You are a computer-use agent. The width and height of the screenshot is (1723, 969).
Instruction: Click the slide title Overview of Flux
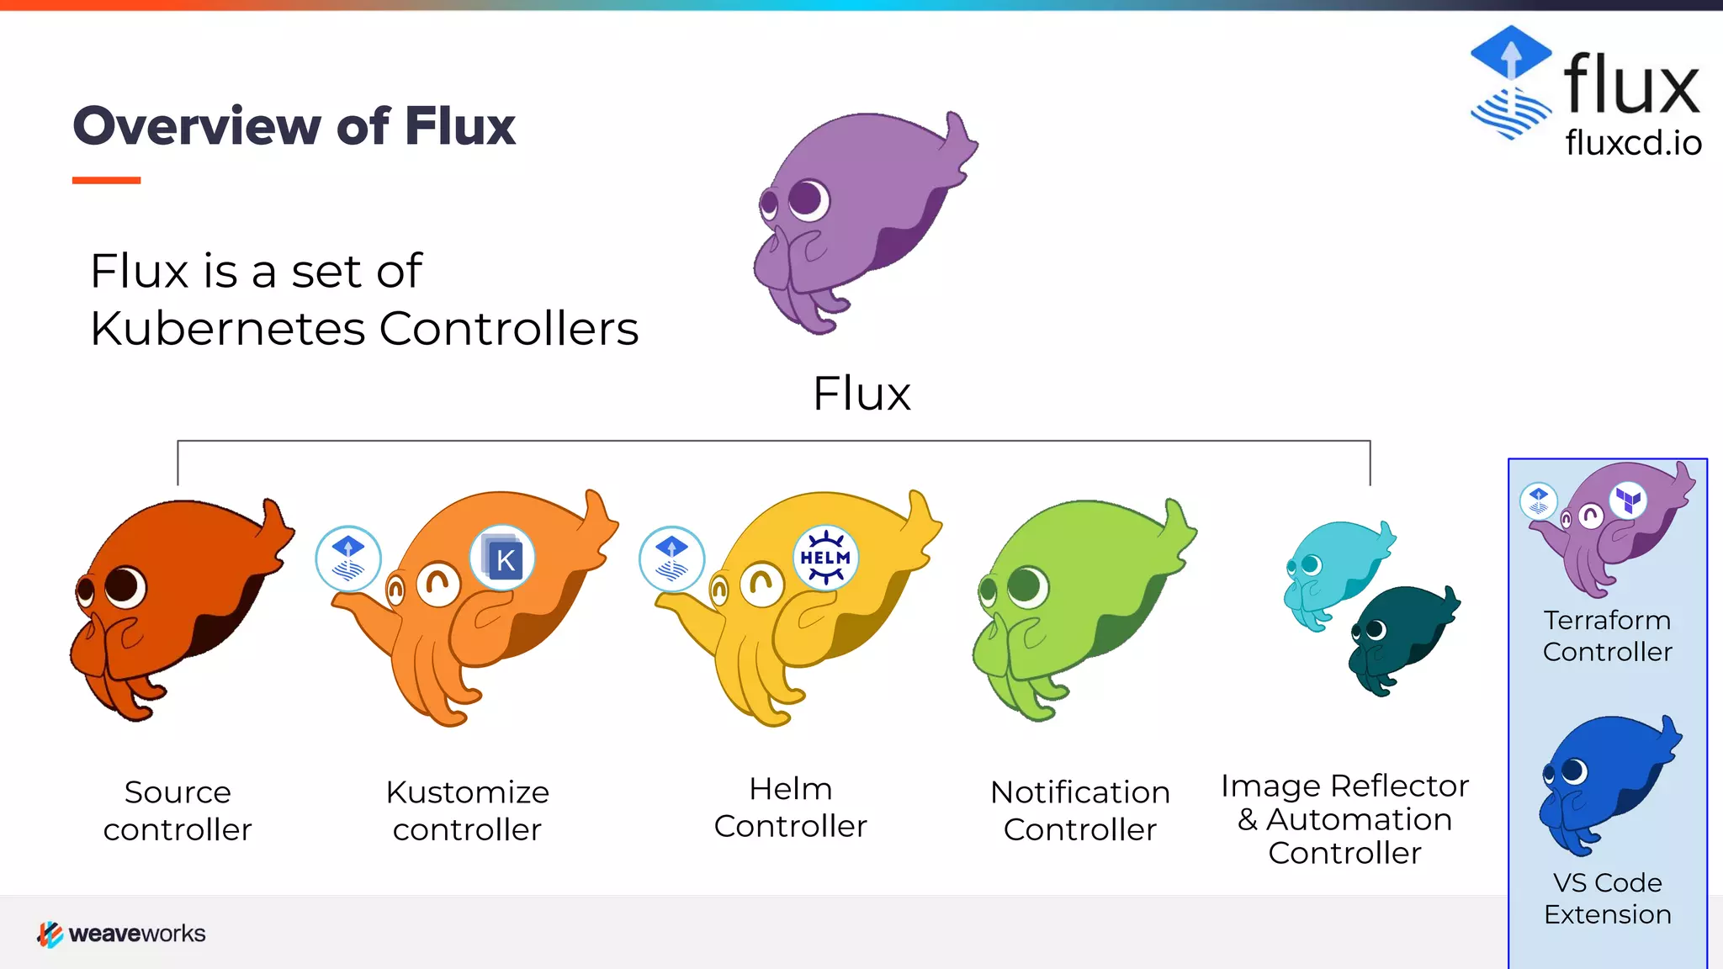tap(294, 126)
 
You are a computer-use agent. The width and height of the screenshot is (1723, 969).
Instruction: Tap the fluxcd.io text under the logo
tap(1633, 143)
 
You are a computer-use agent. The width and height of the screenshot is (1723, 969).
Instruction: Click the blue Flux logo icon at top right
tap(1511, 82)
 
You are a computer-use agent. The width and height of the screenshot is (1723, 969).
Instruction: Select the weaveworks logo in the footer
tap(121, 934)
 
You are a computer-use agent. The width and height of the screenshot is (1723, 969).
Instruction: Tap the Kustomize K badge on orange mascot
tap(503, 559)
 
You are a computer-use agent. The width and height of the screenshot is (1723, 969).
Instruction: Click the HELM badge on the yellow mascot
tap(825, 557)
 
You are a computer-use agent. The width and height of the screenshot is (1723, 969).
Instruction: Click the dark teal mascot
tap(1401, 635)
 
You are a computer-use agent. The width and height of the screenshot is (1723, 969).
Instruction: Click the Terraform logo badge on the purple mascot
tap(1629, 500)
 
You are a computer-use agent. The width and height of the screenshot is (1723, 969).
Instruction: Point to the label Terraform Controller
tap(1607, 636)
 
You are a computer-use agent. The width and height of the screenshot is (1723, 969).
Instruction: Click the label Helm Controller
tap(790, 807)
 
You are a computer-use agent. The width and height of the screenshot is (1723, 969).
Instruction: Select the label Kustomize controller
tap(467, 811)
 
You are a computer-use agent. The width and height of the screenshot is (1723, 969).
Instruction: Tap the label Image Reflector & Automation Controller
tap(1344, 818)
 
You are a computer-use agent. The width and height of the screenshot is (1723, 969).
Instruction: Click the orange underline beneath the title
tap(106, 180)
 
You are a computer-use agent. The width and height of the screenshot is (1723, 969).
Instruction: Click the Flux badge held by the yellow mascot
tap(671, 559)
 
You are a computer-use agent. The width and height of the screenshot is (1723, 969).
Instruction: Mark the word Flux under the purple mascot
tap(861, 394)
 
